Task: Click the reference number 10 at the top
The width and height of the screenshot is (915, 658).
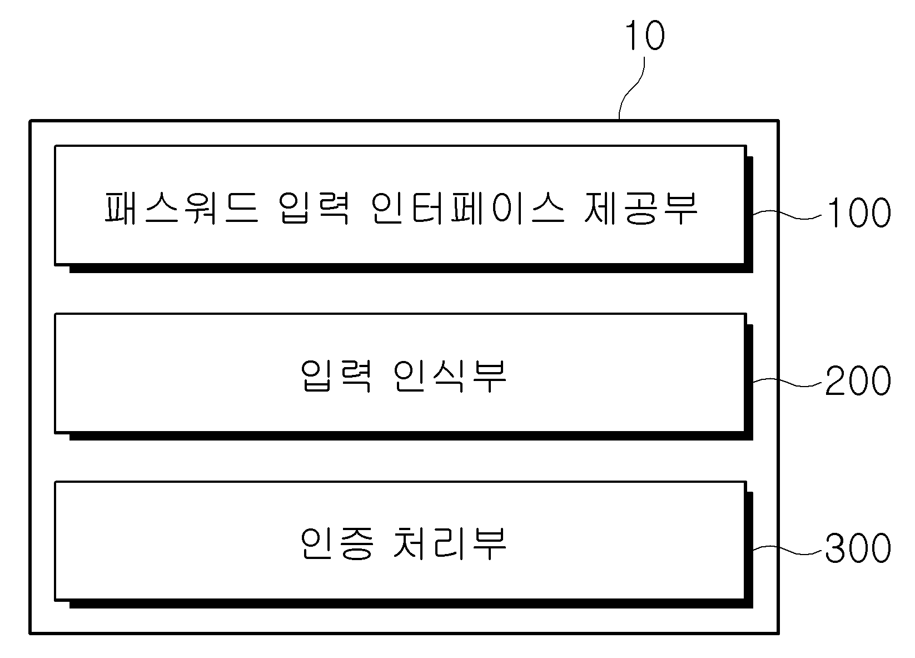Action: [x=645, y=36]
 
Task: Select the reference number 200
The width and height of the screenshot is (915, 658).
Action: [x=858, y=380]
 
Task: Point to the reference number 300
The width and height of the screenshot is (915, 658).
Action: [x=858, y=548]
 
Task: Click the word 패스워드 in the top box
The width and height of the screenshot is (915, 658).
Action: [x=182, y=208]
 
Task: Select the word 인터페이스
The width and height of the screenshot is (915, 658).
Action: [x=468, y=208]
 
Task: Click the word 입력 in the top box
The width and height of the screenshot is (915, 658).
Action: [x=314, y=208]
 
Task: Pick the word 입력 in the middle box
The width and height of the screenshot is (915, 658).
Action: [x=336, y=375]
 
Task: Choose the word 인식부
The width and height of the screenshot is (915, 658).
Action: [x=450, y=375]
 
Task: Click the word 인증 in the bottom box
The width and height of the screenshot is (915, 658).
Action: [x=336, y=543]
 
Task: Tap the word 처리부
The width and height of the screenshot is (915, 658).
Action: [x=450, y=543]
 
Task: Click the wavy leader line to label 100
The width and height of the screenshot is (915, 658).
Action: [x=787, y=214]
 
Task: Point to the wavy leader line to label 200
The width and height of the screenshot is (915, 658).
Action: [x=787, y=382]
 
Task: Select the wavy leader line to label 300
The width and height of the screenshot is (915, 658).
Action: [x=787, y=550]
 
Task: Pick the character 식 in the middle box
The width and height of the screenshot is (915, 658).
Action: [x=449, y=376]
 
